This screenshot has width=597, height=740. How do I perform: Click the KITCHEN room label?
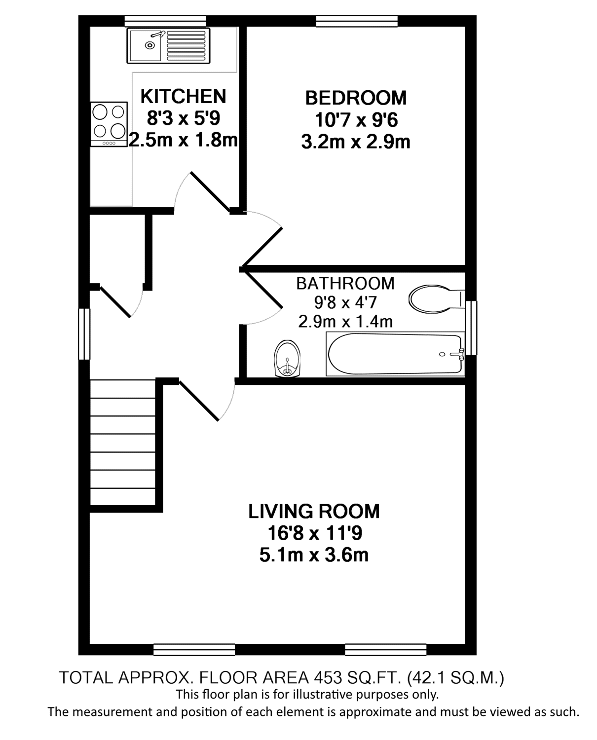tap(184, 96)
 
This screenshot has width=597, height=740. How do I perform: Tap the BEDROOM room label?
tap(356, 98)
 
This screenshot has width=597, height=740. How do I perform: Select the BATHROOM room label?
tap(345, 284)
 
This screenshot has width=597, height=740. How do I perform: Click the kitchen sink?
tap(168, 46)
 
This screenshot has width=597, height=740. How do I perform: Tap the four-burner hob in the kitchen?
tap(109, 124)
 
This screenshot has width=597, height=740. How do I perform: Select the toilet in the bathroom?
tap(437, 299)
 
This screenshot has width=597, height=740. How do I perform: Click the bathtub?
tap(395, 354)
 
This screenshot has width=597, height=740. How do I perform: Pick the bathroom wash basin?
tap(287, 359)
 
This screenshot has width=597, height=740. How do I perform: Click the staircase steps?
tap(122, 443)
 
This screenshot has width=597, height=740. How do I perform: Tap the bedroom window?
tap(357, 21)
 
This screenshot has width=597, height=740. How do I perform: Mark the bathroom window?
tap(471, 328)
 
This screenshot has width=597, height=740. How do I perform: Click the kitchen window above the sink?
tap(165, 21)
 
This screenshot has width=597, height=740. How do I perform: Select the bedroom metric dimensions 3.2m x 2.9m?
tap(356, 142)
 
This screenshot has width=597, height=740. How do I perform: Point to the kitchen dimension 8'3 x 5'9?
tap(184, 118)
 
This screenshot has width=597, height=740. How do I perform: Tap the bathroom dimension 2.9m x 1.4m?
tap(345, 322)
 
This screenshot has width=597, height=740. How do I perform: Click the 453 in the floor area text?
tap(328, 678)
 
